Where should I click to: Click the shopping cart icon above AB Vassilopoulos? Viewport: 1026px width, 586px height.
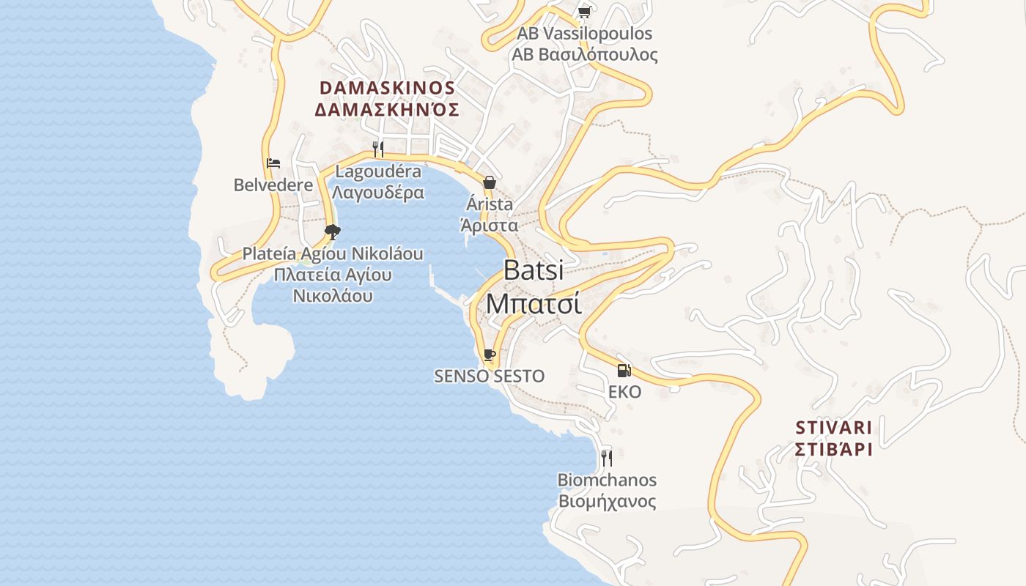tap(584, 12)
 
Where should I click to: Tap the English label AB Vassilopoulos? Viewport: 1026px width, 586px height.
tap(584, 34)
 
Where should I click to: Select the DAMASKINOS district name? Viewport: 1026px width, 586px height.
tap(388, 88)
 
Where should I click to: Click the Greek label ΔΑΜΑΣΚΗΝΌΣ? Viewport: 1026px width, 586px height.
tap(387, 110)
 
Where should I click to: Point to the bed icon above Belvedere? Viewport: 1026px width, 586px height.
tap(273, 163)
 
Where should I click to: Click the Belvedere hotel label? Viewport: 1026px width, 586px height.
tap(273, 185)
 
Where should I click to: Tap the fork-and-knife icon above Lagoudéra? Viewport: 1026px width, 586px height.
tap(378, 149)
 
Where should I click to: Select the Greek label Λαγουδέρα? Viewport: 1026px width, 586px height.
tap(378, 193)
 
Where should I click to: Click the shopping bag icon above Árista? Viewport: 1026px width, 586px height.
tap(489, 182)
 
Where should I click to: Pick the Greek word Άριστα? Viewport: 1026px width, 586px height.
tap(489, 226)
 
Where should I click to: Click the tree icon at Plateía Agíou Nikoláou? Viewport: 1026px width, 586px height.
tap(333, 232)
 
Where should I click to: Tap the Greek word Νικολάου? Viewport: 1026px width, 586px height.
tap(333, 296)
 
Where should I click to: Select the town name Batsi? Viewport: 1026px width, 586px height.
tap(534, 270)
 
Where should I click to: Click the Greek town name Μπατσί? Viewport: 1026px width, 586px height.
tap(534, 303)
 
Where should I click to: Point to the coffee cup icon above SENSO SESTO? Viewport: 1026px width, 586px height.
tap(490, 355)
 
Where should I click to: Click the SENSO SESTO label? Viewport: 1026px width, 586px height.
tap(490, 377)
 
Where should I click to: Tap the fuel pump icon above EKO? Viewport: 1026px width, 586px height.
tap(624, 371)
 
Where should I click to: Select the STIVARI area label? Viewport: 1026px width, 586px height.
tap(834, 428)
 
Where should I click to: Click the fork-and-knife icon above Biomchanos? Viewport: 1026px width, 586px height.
tap(607, 459)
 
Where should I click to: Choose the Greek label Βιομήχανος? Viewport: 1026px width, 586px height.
tap(607, 502)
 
